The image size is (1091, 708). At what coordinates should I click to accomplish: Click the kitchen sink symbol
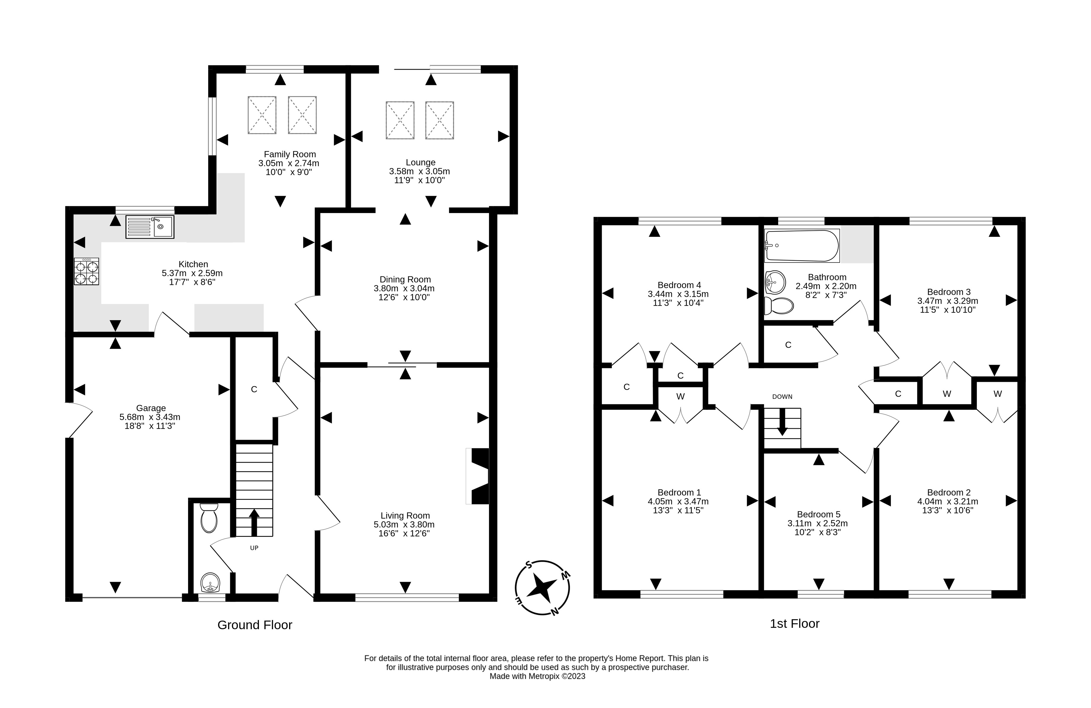click(x=150, y=227)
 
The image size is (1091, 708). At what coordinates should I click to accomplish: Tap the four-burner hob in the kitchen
click(x=86, y=271)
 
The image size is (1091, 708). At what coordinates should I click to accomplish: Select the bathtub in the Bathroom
click(x=802, y=246)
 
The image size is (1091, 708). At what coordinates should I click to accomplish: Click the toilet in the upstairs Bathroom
click(x=779, y=306)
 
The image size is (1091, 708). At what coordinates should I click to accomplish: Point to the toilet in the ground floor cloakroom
click(x=209, y=518)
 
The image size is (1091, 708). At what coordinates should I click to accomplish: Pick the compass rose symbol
click(x=542, y=587)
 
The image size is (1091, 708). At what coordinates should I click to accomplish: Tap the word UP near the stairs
click(x=254, y=548)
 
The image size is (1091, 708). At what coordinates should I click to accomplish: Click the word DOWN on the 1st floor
click(x=782, y=397)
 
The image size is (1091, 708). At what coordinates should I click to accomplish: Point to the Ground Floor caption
click(x=254, y=625)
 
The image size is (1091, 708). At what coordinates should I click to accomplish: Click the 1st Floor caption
click(x=794, y=624)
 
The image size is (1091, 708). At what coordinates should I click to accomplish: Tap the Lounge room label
click(x=420, y=162)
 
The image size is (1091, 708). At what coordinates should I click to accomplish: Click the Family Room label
click(x=290, y=154)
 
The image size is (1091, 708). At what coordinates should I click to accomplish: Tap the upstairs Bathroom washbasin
click(x=775, y=281)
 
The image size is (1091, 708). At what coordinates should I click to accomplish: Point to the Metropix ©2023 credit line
click(x=537, y=676)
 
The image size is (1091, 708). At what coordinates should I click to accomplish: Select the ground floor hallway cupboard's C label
click(x=254, y=389)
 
